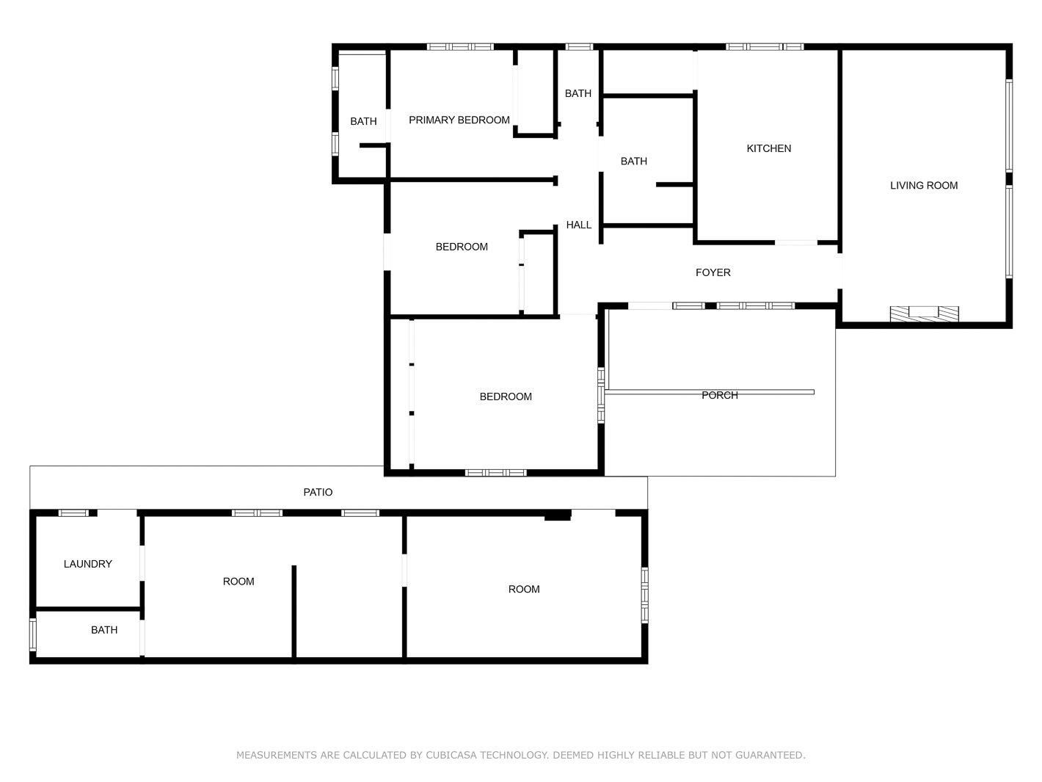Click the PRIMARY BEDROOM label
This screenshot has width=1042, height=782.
click(x=459, y=120)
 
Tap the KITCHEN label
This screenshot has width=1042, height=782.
click(x=768, y=148)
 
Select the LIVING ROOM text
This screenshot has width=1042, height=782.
click(x=924, y=186)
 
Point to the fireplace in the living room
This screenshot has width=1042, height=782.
click(x=924, y=314)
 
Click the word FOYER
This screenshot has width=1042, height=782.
click(x=713, y=272)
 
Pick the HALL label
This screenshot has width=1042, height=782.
click(x=579, y=225)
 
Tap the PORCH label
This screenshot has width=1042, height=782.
click(x=720, y=396)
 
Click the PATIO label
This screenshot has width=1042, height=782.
click(x=318, y=493)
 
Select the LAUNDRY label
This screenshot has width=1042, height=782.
click(x=88, y=564)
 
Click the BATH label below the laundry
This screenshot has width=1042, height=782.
click(x=104, y=630)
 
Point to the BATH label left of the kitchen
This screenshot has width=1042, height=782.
click(x=634, y=162)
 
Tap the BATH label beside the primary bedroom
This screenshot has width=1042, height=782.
click(x=363, y=122)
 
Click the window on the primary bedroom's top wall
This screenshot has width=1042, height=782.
click(x=460, y=46)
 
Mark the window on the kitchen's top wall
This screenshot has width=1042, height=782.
click(x=765, y=46)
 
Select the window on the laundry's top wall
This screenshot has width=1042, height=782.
click(x=73, y=513)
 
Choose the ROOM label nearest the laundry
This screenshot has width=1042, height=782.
click(x=238, y=582)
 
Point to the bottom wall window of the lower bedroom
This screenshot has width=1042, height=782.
click(x=495, y=472)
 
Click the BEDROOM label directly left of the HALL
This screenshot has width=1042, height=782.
click(x=462, y=247)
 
